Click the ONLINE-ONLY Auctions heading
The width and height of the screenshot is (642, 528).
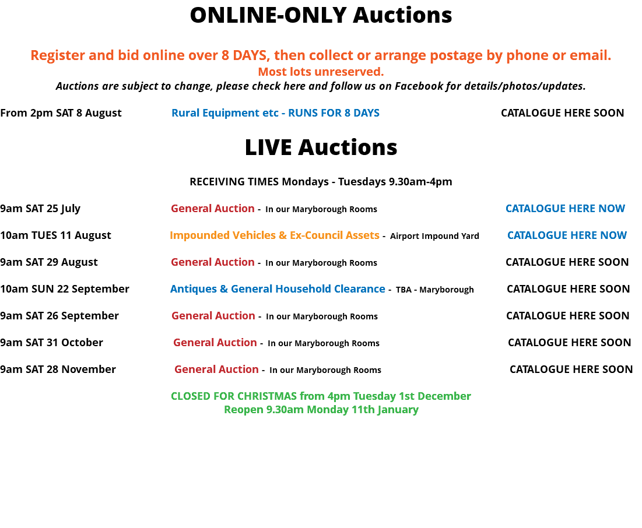point(321,15)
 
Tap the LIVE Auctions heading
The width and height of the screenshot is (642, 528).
point(321,147)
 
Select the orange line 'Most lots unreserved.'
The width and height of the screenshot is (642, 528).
point(321,72)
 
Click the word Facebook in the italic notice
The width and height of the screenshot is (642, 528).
point(419,86)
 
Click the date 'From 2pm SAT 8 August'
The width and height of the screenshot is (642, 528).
point(61,113)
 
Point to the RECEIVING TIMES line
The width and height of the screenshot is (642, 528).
point(321,182)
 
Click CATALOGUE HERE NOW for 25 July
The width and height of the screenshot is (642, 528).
point(566,209)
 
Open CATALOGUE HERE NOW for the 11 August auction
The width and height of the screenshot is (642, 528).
point(567,235)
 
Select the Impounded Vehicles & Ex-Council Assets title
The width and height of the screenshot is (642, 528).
point(275,235)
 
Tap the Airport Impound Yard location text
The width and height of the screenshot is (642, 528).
point(434,236)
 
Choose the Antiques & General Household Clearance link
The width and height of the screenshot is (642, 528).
point(278,289)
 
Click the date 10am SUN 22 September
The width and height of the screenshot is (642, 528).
point(65,289)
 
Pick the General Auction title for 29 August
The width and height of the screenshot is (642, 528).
point(213,262)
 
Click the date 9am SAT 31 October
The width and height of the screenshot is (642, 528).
point(51,343)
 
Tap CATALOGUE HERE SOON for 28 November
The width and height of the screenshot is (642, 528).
point(571,369)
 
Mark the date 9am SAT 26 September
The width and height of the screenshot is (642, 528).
point(59,316)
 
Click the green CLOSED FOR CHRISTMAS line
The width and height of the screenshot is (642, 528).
point(321,396)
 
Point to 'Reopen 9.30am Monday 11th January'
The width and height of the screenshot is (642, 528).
point(321,410)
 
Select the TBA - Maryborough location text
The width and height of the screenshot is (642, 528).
point(435,290)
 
